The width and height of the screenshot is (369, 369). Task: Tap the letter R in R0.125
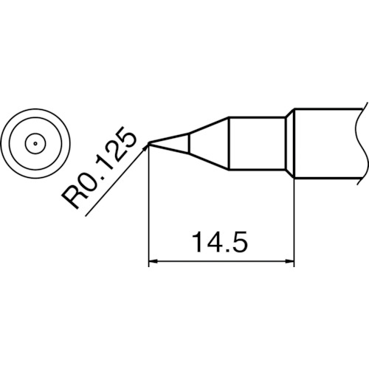[x=76, y=198]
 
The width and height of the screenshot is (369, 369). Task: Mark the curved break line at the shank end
[x=365, y=144]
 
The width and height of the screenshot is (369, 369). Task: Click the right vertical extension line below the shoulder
[x=295, y=221]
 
